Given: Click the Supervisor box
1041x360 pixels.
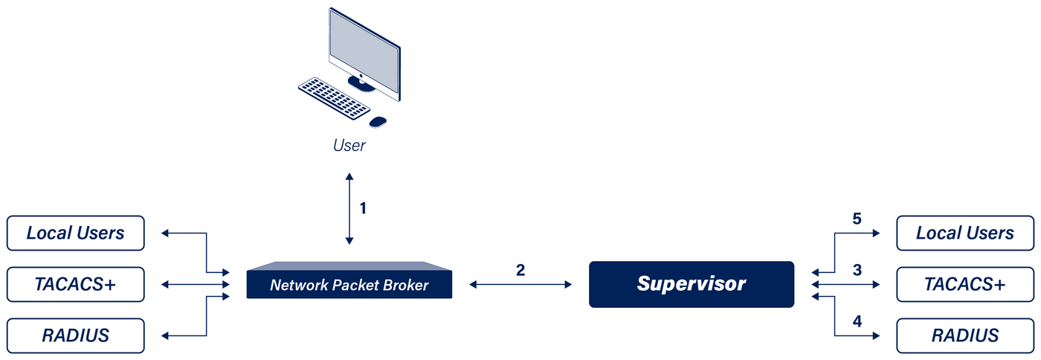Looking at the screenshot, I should click(692, 284).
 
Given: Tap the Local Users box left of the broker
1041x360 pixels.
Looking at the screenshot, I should click(75, 233).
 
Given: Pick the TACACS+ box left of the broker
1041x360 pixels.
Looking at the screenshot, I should click(75, 284).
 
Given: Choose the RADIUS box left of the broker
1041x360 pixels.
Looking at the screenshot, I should click(75, 335).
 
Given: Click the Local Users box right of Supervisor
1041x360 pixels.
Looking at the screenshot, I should click(965, 233).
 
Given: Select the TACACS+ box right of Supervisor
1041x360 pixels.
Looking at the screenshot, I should click(965, 284).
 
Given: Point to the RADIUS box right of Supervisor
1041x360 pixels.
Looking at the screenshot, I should click(965, 335).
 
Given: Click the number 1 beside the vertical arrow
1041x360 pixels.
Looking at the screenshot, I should click(363, 208).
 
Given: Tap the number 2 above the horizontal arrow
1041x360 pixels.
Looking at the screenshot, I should click(520, 270).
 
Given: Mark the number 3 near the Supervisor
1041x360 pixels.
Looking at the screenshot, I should click(857, 270).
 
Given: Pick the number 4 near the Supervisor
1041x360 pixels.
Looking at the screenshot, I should click(857, 322).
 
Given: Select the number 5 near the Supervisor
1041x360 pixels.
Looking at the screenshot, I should click(857, 219).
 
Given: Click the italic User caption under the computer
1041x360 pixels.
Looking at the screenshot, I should click(349, 145).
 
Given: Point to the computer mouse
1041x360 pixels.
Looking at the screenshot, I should click(378, 121).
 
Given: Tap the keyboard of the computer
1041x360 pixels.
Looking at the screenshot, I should click(334, 98).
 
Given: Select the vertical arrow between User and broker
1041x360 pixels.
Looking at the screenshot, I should click(349, 209).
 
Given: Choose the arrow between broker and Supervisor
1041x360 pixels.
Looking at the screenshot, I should click(520, 284).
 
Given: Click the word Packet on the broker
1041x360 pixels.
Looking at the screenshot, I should click(358, 285).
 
